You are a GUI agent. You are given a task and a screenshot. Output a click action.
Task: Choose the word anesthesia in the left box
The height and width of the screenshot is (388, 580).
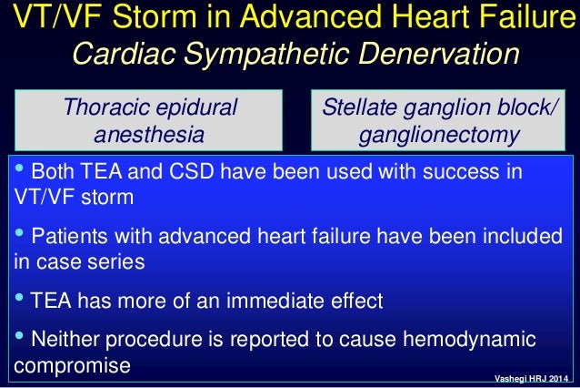pos(149,135)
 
